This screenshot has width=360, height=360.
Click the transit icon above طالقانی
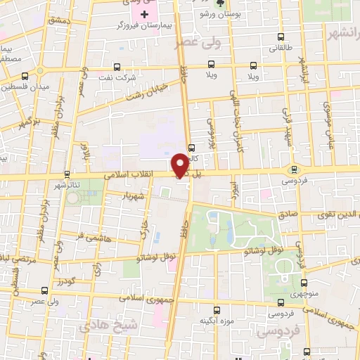click(280, 37)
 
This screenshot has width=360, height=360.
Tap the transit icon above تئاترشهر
click(67, 173)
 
